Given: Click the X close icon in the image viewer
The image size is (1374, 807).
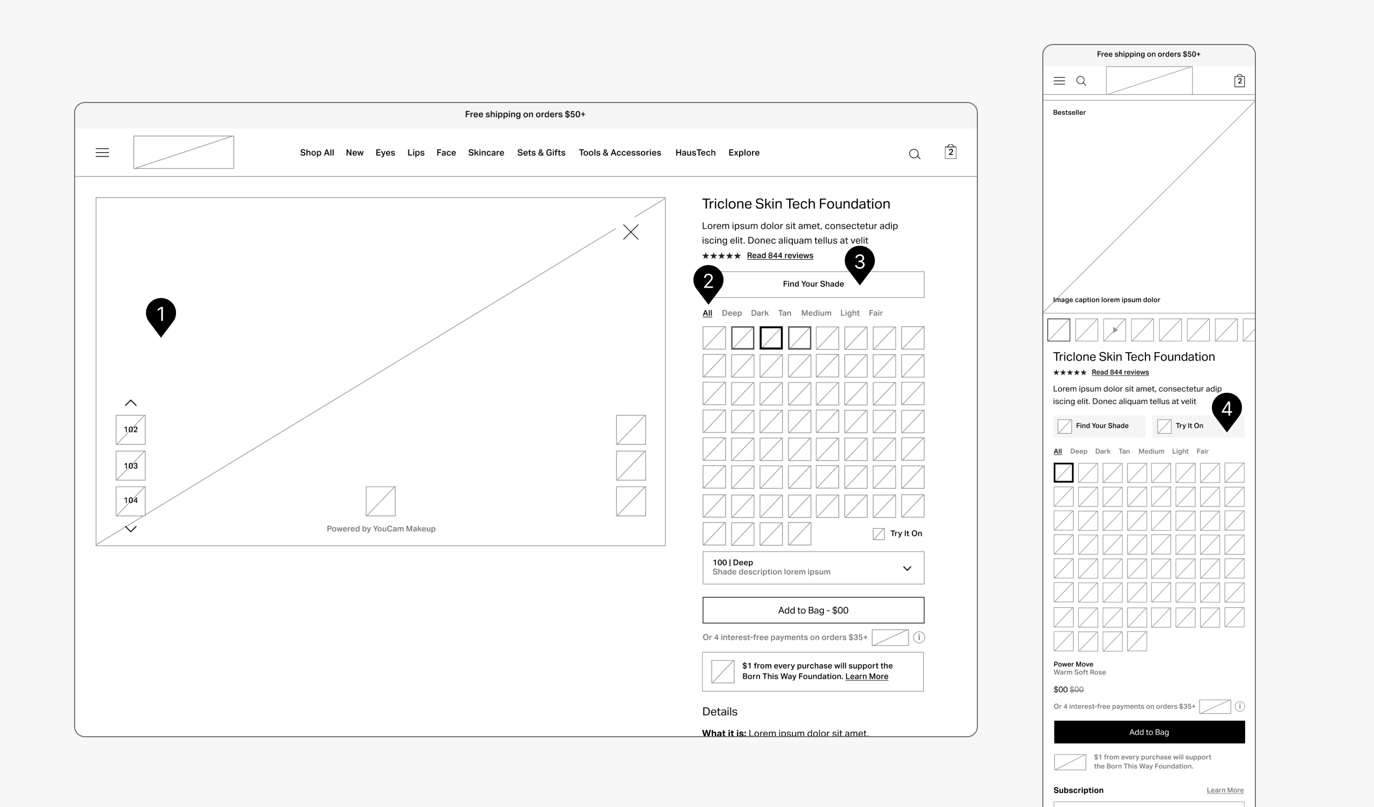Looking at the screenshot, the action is pyautogui.click(x=631, y=232).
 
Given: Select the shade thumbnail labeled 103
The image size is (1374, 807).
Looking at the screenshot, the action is pyautogui.click(x=130, y=466).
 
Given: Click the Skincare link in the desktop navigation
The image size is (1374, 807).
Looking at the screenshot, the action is pyautogui.click(x=486, y=153).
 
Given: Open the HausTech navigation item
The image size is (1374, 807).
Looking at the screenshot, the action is pyautogui.click(x=695, y=153).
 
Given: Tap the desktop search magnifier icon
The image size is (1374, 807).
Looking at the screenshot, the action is pyautogui.click(x=915, y=155).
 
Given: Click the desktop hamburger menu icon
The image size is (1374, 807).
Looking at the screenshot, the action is pyautogui.click(x=103, y=153).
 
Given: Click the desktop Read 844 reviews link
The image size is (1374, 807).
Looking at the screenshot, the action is pyautogui.click(x=780, y=256).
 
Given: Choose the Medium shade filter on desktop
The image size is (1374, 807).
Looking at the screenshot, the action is pyautogui.click(x=816, y=313).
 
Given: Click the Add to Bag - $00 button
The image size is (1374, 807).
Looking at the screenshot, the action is pyautogui.click(x=813, y=610).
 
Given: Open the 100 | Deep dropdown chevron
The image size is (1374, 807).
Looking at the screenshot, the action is pyautogui.click(x=907, y=568).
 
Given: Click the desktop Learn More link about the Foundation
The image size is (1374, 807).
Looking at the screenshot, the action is pyautogui.click(x=866, y=677).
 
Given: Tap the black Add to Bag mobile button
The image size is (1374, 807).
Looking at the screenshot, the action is pyautogui.click(x=1149, y=732).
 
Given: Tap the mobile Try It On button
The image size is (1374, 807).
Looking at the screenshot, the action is pyautogui.click(x=1198, y=426).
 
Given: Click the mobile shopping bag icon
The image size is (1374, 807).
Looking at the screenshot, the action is pyautogui.click(x=1239, y=80).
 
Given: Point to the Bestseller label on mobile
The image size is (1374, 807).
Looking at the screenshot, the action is pyautogui.click(x=1069, y=113).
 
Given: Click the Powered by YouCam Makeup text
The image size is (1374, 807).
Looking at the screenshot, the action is pyautogui.click(x=381, y=529).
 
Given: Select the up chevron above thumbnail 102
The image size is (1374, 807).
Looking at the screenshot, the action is pyautogui.click(x=131, y=403).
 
